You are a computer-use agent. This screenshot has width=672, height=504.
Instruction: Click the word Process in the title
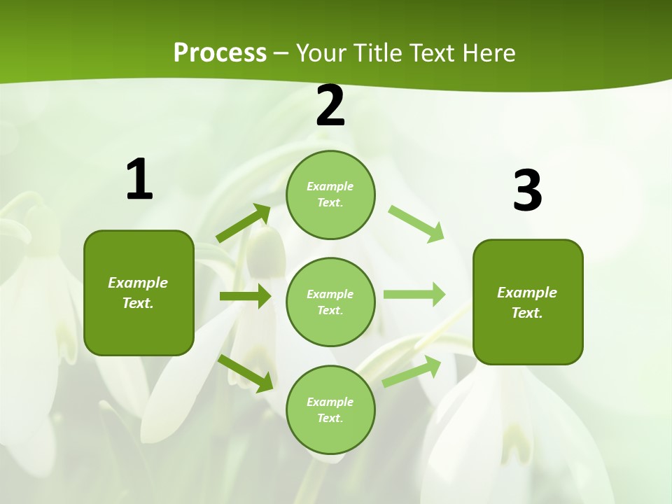(x=220, y=53)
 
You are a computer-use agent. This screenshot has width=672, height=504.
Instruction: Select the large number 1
(x=139, y=179)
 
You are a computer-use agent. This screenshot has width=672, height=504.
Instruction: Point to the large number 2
(x=330, y=106)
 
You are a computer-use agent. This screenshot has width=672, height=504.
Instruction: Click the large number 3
(x=527, y=190)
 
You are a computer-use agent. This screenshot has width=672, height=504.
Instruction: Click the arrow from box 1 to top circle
(x=244, y=223)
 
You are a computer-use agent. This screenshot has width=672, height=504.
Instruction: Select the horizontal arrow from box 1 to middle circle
(x=245, y=296)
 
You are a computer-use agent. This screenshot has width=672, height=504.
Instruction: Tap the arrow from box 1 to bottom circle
(x=246, y=373)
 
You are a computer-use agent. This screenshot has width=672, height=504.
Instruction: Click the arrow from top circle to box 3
(x=416, y=223)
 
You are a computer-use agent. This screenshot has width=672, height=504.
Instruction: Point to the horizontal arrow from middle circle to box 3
(x=414, y=294)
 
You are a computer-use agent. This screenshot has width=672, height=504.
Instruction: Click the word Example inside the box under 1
(x=138, y=283)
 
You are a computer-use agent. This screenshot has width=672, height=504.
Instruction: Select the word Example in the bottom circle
(x=330, y=402)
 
